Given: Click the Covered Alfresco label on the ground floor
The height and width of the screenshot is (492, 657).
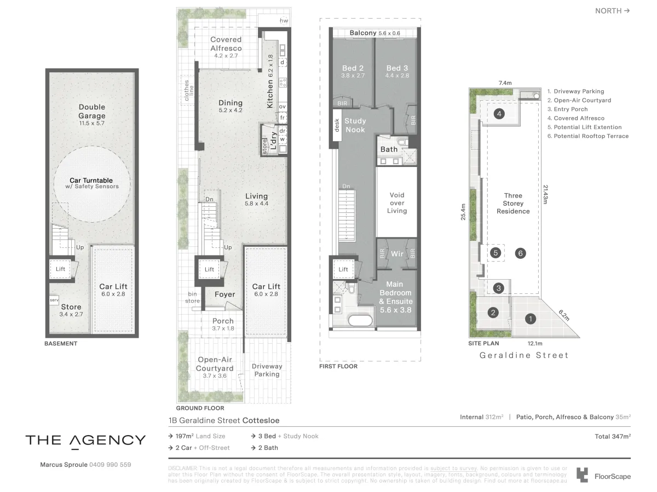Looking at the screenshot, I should (x=226, y=44).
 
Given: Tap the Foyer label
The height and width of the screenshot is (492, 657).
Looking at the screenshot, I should (x=224, y=294).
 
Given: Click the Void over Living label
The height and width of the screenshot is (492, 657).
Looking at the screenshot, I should (x=397, y=202).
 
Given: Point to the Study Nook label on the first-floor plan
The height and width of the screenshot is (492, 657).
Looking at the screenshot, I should (x=355, y=125).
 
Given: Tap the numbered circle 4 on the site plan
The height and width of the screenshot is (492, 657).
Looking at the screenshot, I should (x=499, y=114).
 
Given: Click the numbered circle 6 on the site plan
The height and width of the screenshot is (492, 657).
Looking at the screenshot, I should (x=521, y=253).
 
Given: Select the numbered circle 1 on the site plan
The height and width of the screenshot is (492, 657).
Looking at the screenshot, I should (x=529, y=317).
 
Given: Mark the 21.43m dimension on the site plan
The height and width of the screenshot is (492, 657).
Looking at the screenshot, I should (x=545, y=194).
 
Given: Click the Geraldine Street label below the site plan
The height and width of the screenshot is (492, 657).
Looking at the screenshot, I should (x=524, y=355).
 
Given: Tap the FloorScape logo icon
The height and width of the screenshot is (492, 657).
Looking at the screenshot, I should (x=583, y=475).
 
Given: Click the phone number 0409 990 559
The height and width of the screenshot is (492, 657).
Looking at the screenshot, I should (x=110, y=465).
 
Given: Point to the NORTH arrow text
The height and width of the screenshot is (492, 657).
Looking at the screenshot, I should (x=612, y=10).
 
